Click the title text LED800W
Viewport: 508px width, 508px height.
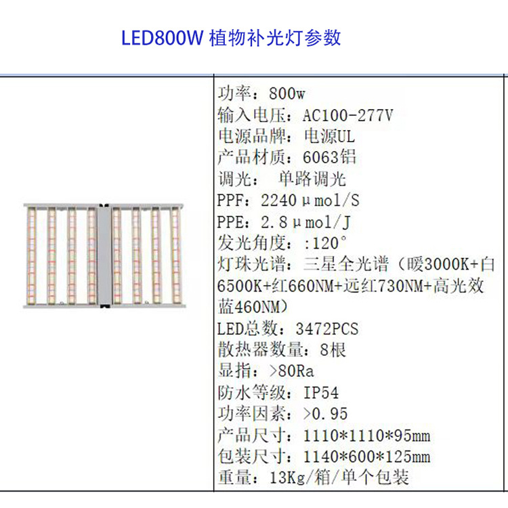coord(162,38)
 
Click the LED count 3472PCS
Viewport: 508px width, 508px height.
coord(327,329)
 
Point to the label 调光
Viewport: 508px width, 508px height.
coord(234,179)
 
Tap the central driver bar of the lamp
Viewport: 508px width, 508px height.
coord(104,255)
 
